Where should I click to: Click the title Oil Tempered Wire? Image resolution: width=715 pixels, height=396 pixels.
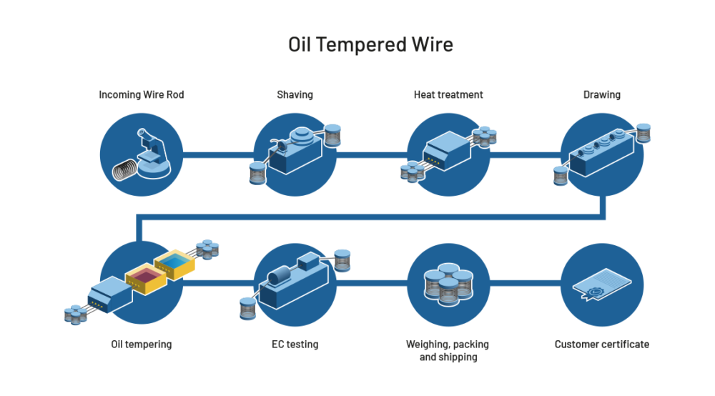pyautogui.click(x=370, y=44)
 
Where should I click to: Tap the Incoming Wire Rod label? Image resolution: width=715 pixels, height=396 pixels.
pyautogui.click(x=141, y=94)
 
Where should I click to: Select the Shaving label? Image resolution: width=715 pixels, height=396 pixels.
pyautogui.click(x=295, y=94)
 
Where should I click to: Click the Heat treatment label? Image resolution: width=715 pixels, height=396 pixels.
pyautogui.click(x=448, y=94)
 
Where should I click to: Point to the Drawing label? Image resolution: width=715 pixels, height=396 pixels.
pyautogui.click(x=601, y=94)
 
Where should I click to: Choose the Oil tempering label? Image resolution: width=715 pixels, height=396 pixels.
pyautogui.click(x=141, y=345)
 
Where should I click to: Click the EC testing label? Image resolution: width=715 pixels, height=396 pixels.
pyautogui.click(x=295, y=345)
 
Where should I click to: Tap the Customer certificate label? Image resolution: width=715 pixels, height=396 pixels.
pyautogui.click(x=601, y=345)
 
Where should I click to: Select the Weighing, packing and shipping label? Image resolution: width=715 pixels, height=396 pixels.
pyautogui.click(x=448, y=350)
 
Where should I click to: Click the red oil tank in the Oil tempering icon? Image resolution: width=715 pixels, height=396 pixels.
pyautogui.click(x=144, y=277)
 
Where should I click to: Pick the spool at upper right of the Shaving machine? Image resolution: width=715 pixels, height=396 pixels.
pyautogui.click(x=332, y=134)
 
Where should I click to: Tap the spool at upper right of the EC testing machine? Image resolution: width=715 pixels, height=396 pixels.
pyautogui.click(x=342, y=259)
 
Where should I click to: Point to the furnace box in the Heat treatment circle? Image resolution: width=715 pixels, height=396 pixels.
pyautogui.click(x=441, y=148)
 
